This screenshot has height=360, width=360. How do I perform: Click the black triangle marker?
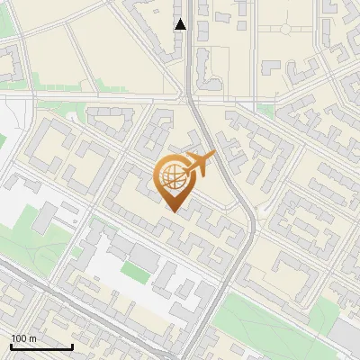coord(181,24)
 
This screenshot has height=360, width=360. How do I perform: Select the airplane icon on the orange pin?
coord(200,163)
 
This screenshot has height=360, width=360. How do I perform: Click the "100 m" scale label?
coord(22,338)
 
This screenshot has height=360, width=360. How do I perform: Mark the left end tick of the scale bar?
coord(10,346)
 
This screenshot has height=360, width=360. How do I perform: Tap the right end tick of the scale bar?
coord(72,346)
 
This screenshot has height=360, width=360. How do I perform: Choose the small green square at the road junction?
coord(266,111)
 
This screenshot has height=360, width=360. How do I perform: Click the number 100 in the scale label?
coord(18,338)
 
